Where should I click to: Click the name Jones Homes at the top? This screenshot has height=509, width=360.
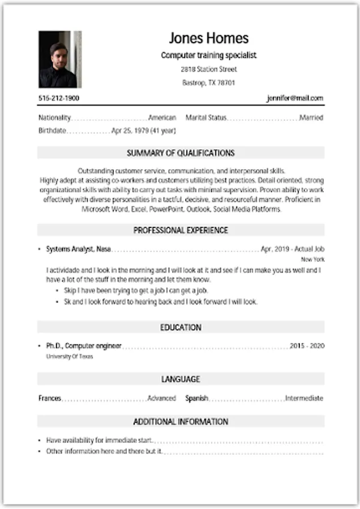pyautogui.click(x=208, y=38)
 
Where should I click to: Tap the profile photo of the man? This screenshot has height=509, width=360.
pyautogui.click(x=59, y=59)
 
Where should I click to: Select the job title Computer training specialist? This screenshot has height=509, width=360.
pyautogui.click(x=208, y=55)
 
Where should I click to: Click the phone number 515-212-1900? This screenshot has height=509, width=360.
pyautogui.click(x=59, y=98)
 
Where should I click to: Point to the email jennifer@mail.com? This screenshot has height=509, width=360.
pyautogui.click(x=295, y=98)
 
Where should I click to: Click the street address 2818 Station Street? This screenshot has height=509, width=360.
pyautogui.click(x=208, y=70)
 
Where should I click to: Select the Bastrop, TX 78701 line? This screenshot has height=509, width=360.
pyautogui.click(x=208, y=83)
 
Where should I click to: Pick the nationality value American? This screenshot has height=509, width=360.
pyautogui.click(x=162, y=118)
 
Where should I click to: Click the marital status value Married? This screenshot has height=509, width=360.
pyautogui.click(x=311, y=118)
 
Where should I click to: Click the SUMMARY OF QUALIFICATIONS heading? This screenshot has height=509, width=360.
pyautogui.click(x=181, y=153)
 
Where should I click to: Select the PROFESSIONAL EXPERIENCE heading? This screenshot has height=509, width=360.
pyautogui.click(x=181, y=230)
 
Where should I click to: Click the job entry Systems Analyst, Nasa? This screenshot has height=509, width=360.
pyautogui.click(x=78, y=249)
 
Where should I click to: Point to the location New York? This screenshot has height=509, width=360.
pyautogui.click(x=312, y=259)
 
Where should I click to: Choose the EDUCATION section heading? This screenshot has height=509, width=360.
pyautogui.click(x=181, y=327)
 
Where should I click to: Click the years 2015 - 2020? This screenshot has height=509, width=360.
pyautogui.click(x=307, y=346)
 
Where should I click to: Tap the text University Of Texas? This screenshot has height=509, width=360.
pyautogui.click(x=69, y=357)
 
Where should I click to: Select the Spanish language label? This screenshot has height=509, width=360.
pyautogui.click(x=196, y=398)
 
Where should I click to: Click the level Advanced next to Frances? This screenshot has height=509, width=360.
pyautogui.click(x=161, y=398)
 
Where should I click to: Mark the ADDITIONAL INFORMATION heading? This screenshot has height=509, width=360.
pyautogui.click(x=181, y=421)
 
